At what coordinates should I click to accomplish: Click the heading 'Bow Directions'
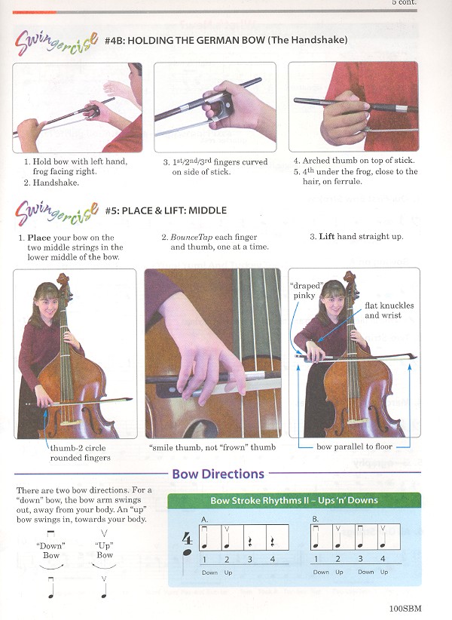click(218, 474)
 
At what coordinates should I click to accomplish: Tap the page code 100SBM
click(405, 608)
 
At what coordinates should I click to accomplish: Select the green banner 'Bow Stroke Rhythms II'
click(294, 500)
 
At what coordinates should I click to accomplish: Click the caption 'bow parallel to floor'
click(354, 447)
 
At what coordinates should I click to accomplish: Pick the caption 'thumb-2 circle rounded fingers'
click(80, 453)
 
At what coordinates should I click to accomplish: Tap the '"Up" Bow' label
click(104, 551)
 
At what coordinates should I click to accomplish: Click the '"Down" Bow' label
click(51, 551)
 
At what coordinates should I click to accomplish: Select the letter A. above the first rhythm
click(204, 520)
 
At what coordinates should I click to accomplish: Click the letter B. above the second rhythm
click(315, 519)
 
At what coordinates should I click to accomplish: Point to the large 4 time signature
click(187, 539)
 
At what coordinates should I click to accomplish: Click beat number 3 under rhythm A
click(249, 560)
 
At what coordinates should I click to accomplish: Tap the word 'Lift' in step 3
click(327, 236)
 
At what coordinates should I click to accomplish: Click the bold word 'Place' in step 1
click(39, 238)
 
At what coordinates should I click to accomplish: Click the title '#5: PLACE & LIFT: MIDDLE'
click(166, 210)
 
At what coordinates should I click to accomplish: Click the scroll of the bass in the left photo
click(63, 280)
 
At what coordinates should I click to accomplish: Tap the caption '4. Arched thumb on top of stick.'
click(354, 161)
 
